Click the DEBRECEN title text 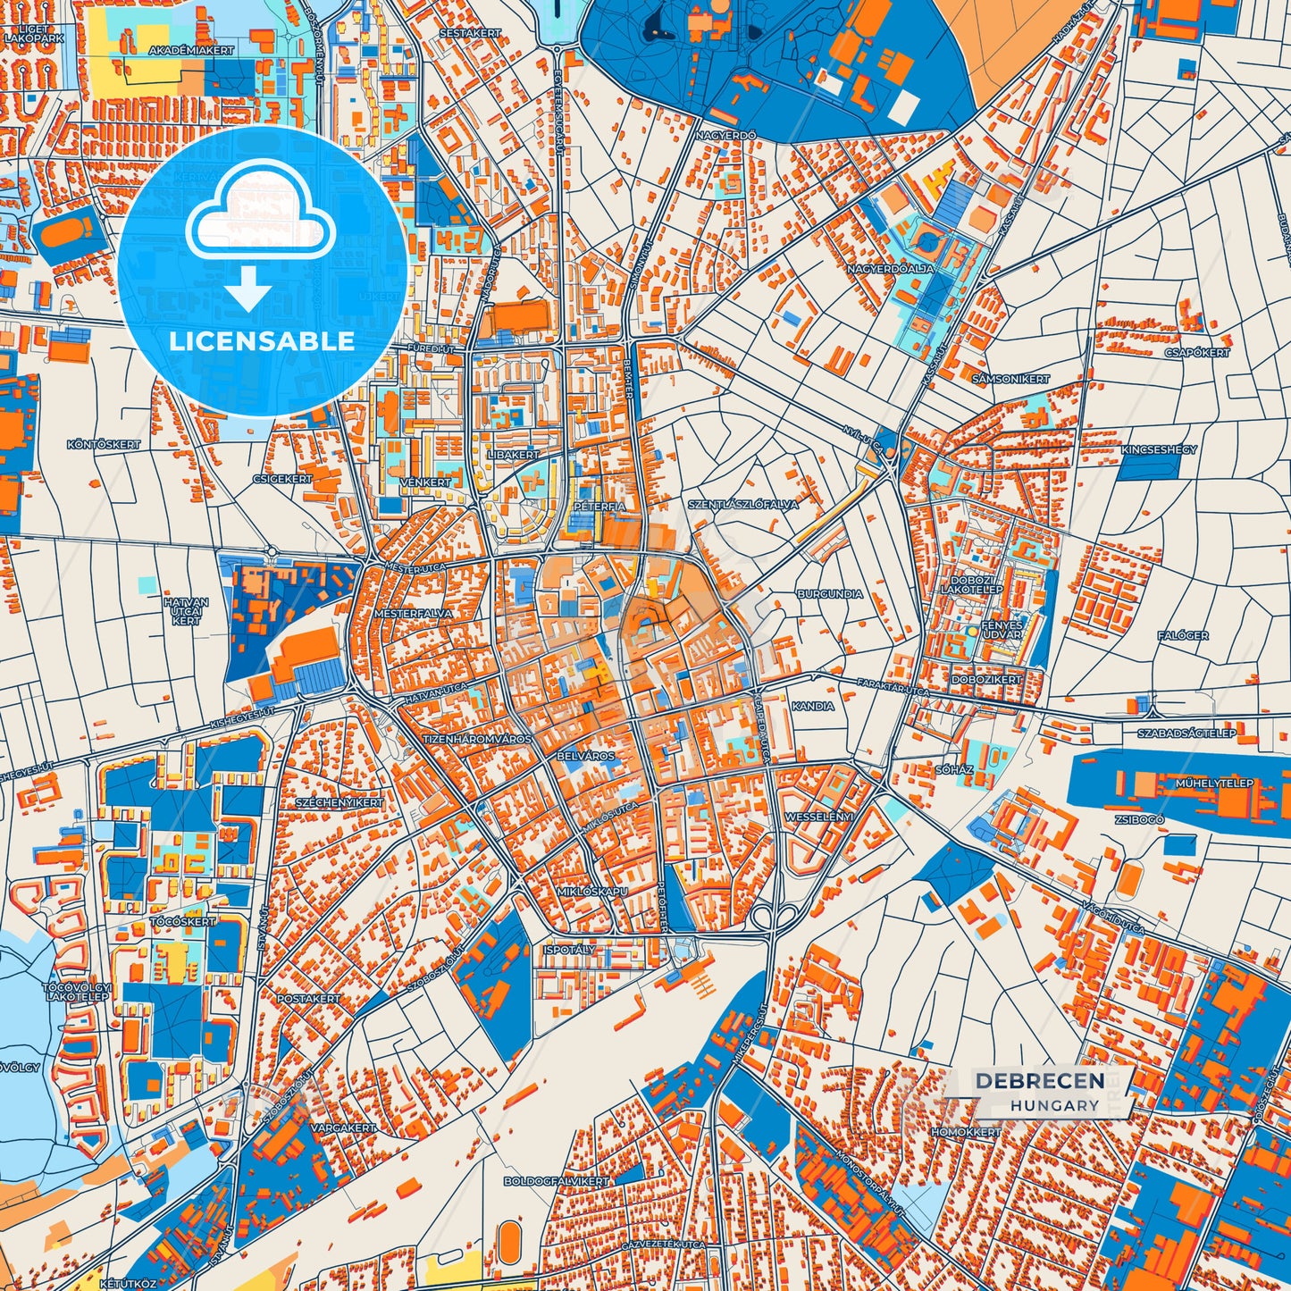tap(1039, 1080)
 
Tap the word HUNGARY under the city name tap(1055, 1105)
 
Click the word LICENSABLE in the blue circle tap(262, 341)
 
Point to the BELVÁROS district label tap(586, 756)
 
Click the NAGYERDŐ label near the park tap(727, 135)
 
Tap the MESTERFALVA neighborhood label tap(413, 614)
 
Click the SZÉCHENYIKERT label tap(340, 802)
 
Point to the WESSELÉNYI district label tap(819, 817)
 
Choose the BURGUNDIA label tap(830, 593)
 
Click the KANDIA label tap(813, 706)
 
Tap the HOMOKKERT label tap(966, 1131)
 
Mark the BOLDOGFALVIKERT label tap(557, 1181)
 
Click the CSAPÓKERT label tap(1197, 353)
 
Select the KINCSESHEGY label tap(1159, 449)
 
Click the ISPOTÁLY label tap(569, 950)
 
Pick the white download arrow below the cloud tap(248, 289)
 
